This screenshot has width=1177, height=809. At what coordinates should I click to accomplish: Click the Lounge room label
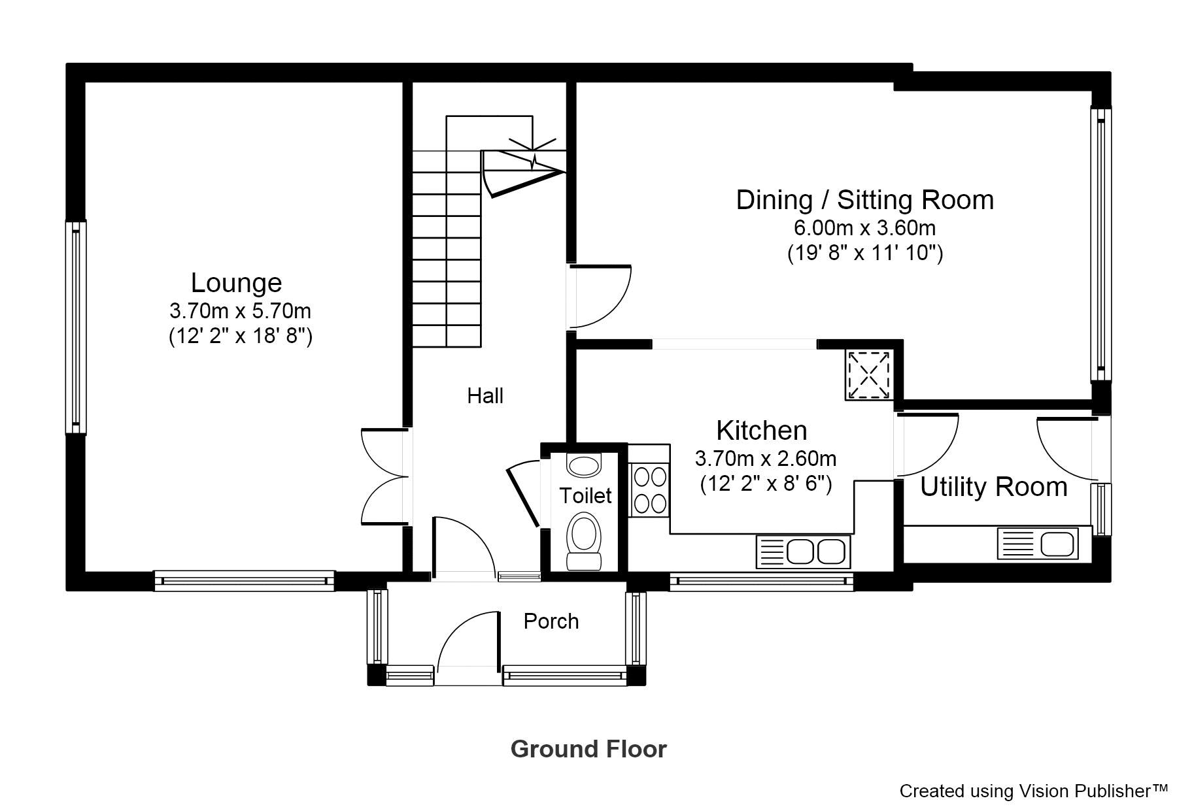(x=236, y=283)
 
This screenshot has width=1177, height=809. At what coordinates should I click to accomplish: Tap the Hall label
(x=485, y=395)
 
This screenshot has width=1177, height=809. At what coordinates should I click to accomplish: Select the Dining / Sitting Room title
(x=864, y=200)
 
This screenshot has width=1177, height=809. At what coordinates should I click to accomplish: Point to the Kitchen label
(x=762, y=431)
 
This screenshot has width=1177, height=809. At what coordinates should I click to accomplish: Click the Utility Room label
(x=994, y=487)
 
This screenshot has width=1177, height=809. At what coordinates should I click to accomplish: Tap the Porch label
(x=551, y=621)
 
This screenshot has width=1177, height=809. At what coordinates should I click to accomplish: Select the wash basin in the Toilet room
(x=584, y=465)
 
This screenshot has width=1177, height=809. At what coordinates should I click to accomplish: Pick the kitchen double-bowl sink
(x=804, y=552)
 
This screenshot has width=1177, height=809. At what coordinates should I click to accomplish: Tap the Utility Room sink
(x=1038, y=544)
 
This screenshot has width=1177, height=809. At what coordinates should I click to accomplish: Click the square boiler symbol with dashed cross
(x=870, y=374)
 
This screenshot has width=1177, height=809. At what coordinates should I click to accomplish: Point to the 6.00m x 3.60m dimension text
(x=864, y=228)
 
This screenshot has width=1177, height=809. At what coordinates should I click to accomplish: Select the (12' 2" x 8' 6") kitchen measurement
(x=766, y=484)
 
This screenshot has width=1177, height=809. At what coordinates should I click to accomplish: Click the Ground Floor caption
(x=588, y=749)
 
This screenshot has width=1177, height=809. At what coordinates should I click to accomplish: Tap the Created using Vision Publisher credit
(x=1033, y=791)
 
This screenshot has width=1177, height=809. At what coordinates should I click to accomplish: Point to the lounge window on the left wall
(x=76, y=327)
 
